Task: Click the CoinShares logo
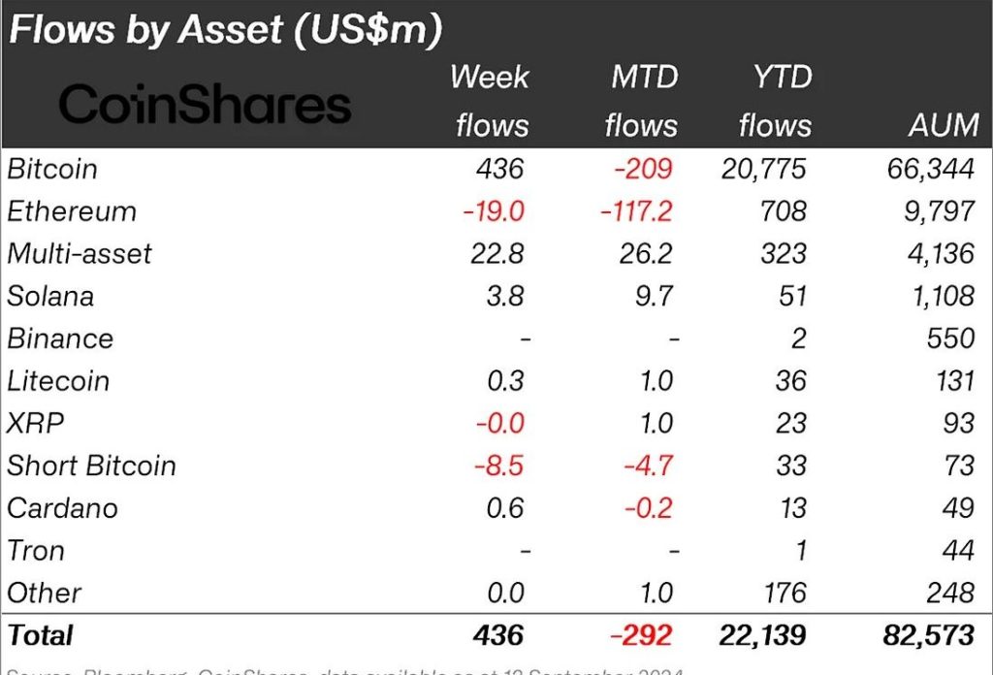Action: pos(205,104)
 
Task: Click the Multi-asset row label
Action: pos(80,254)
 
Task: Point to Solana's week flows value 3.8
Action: pos(503,296)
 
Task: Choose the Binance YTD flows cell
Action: pos(798,338)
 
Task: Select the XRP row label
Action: pos(35,424)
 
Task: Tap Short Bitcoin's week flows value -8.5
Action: pos(497,466)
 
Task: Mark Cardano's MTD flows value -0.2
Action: pos(647,508)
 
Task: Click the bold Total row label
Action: pos(41,635)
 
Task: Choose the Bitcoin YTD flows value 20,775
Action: pos(763,169)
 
